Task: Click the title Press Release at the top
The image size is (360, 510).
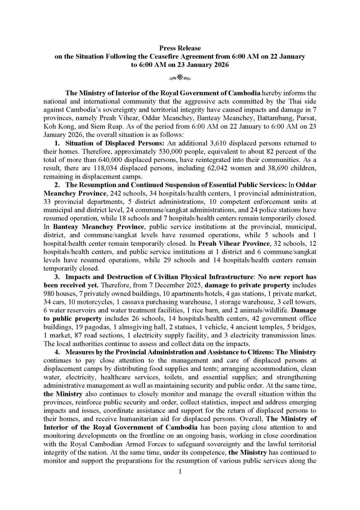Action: [180, 48]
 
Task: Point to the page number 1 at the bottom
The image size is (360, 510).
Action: [180, 473]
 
